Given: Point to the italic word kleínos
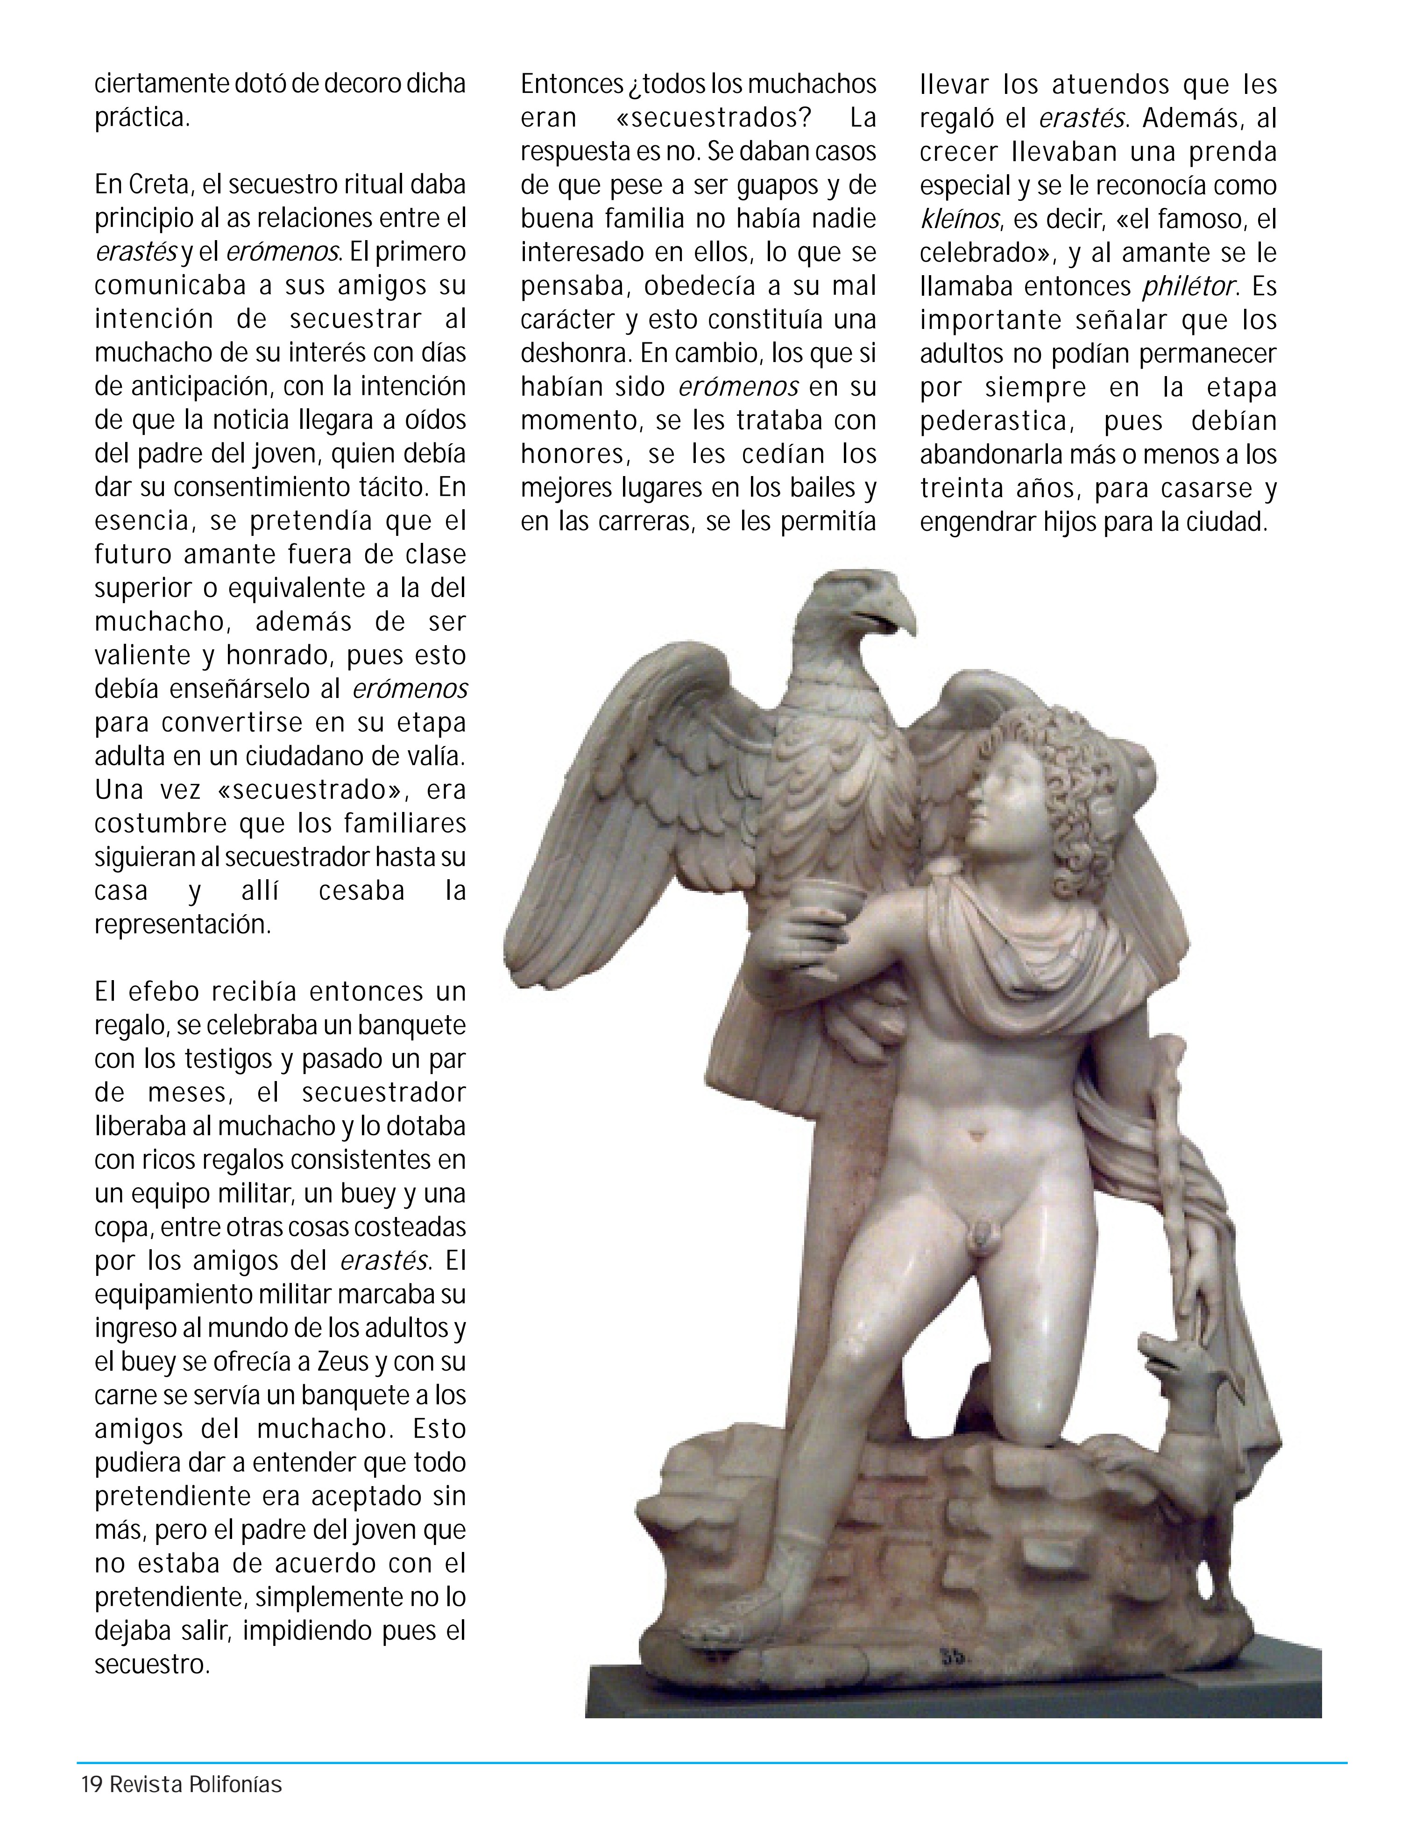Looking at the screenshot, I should coord(959,220).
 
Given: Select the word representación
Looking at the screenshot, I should coord(183,925).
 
